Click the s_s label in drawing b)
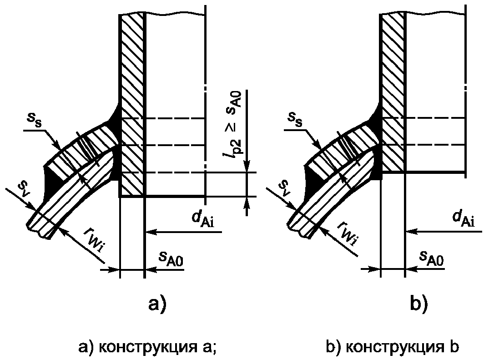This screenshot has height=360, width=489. (x=295, y=119)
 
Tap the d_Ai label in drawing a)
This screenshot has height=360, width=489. (x=203, y=219)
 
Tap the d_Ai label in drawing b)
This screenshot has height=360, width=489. (x=464, y=218)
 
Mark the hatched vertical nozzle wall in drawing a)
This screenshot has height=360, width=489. (x=132, y=105)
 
